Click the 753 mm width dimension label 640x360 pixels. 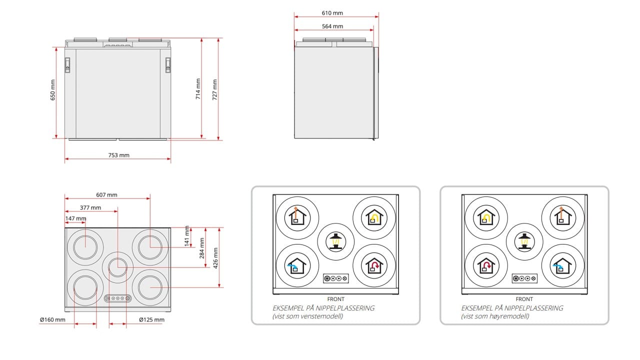[119, 155]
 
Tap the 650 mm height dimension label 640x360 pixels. [53, 90]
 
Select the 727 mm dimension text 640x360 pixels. [215, 89]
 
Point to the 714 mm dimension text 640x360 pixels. [198, 89]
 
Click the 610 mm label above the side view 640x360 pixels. [332, 13]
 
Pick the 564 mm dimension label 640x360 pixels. [332, 26]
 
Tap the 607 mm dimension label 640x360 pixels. [106, 195]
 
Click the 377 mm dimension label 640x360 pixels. [90, 207]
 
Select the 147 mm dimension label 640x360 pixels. [75, 218]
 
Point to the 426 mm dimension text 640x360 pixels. [215, 258]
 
